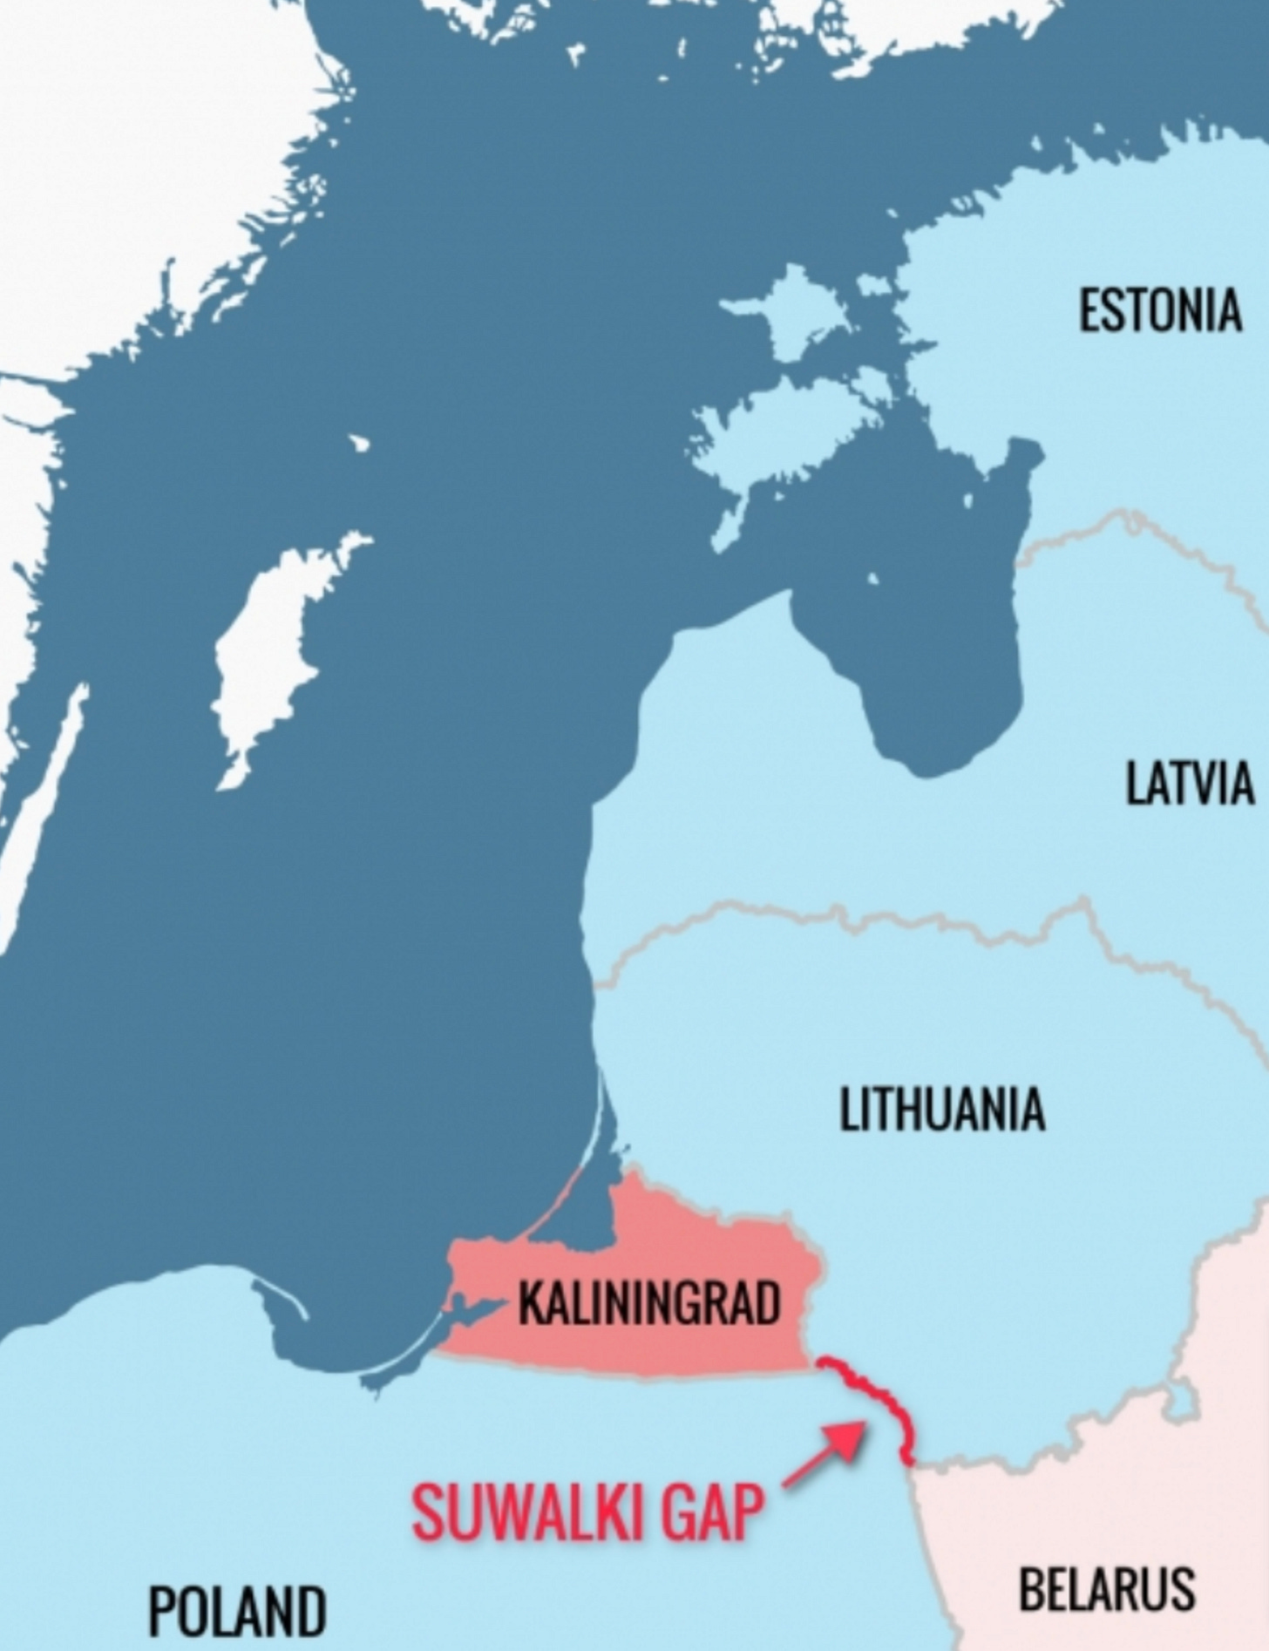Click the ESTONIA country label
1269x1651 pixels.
pyautogui.click(x=1160, y=310)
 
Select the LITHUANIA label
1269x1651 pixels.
pyautogui.click(x=941, y=1109)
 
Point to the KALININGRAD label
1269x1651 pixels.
pyautogui.click(x=648, y=1304)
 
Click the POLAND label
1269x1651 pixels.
pyautogui.click(x=237, y=1610)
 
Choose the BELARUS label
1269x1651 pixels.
pyautogui.click(x=1107, y=1588)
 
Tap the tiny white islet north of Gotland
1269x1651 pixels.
pyautogui.click(x=359, y=444)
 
